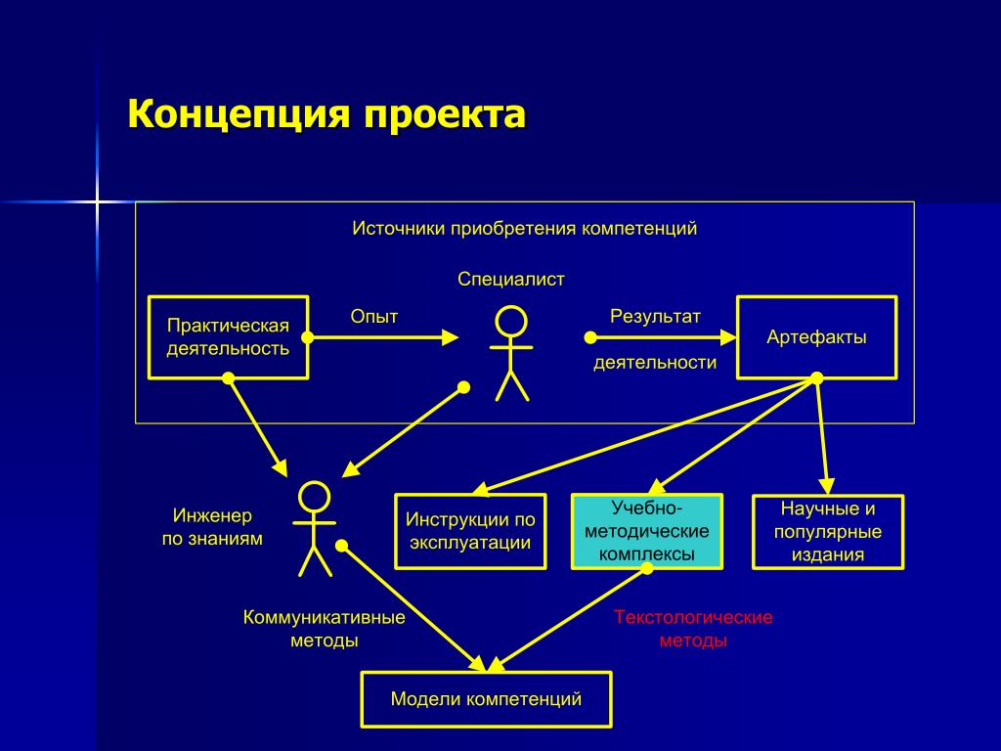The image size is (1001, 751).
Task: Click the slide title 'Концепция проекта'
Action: point(326,114)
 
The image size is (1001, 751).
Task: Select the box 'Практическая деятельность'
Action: point(228,336)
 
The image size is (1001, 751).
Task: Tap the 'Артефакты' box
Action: point(816,337)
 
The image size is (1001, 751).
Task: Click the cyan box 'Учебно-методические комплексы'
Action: point(646,531)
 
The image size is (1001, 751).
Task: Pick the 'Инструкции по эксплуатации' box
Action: point(471,531)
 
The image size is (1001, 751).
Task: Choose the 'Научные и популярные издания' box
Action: point(828,532)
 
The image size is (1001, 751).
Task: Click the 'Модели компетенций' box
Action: point(486,699)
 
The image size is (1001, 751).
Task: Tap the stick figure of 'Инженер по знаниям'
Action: point(314,528)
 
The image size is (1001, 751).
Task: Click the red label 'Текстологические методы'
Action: point(693,629)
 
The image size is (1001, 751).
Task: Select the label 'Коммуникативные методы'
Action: point(325,629)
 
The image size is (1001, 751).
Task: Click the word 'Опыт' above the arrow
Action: point(374,316)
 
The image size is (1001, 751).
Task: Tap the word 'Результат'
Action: point(655,316)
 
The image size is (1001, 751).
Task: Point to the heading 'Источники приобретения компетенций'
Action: point(525,229)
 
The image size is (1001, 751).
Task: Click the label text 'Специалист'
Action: point(511,280)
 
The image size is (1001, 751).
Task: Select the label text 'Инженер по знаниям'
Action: point(212,526)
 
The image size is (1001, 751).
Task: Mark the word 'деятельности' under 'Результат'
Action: point(655,363)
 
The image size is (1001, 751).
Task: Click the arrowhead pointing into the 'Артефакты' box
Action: point(727,337)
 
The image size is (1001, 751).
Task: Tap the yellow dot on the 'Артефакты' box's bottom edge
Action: point(817,377)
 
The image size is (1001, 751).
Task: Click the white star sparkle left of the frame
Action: point(97,201)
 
